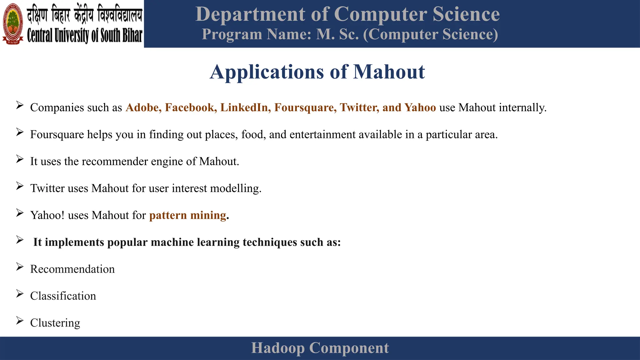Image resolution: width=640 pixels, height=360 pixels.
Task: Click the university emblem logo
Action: pos(13,23)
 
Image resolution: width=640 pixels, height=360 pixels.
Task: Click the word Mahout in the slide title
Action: pos(389,72)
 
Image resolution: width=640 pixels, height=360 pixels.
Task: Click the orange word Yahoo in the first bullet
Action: pos(420,107)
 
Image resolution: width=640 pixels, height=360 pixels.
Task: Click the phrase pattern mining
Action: pos(187,215)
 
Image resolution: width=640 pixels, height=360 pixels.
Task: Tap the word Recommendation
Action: pos(72,269)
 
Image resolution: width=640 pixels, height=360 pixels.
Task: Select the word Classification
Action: pos(63,296)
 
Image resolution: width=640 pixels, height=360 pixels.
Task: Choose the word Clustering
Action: pos(55,323)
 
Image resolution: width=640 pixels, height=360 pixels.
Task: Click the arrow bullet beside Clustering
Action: pos(20,321)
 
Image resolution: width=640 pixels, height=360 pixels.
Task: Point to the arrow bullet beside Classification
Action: pos(20,294)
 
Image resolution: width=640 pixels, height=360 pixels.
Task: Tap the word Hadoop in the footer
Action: pos(278,348)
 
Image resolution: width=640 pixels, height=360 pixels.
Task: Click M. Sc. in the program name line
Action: pos(337,34)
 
